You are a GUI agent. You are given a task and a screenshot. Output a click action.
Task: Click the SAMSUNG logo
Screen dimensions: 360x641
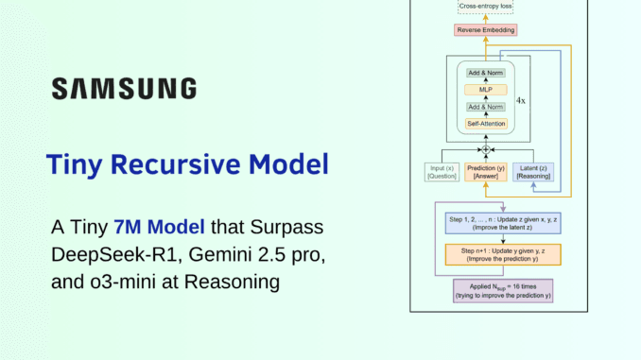(x=124, y=89)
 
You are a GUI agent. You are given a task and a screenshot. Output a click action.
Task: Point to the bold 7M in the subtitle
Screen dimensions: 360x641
(x=128, y=228)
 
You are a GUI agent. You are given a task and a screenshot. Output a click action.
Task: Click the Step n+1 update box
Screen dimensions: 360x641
(x=489, y=254)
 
